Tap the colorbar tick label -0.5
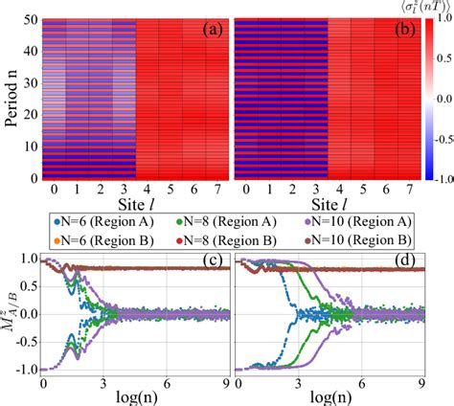(437, 137)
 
